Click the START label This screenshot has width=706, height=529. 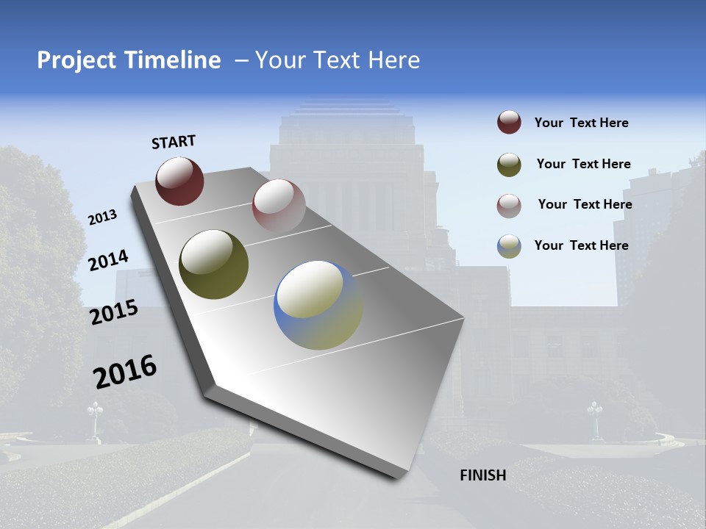174,142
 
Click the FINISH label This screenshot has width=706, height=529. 483,475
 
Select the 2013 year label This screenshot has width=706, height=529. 102,217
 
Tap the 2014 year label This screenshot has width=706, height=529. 109,260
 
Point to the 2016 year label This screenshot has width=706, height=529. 125,371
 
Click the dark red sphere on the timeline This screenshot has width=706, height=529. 179,181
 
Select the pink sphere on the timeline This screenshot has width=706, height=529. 278,205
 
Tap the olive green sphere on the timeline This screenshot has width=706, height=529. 213,264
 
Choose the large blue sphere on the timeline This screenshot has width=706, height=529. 318,305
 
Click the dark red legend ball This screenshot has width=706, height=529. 509,123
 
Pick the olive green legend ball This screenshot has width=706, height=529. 509,165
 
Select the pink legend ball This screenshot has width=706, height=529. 509,206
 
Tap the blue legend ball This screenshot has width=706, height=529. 509,246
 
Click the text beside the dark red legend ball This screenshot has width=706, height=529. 581,123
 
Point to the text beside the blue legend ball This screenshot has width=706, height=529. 581,245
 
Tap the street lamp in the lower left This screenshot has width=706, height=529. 95,419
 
